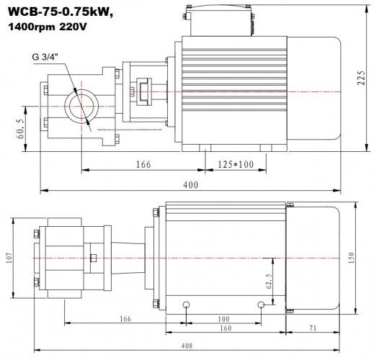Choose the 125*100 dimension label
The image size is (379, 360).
[x=235, y=166]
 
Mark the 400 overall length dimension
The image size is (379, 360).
[x=190, y=185]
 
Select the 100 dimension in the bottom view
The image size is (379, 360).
[x=223, y=318]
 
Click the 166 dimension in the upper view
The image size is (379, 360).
[x=143, y=166]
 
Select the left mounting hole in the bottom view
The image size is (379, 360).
[x=187, y=304]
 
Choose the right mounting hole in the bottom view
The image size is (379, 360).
[x=261, y=304]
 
